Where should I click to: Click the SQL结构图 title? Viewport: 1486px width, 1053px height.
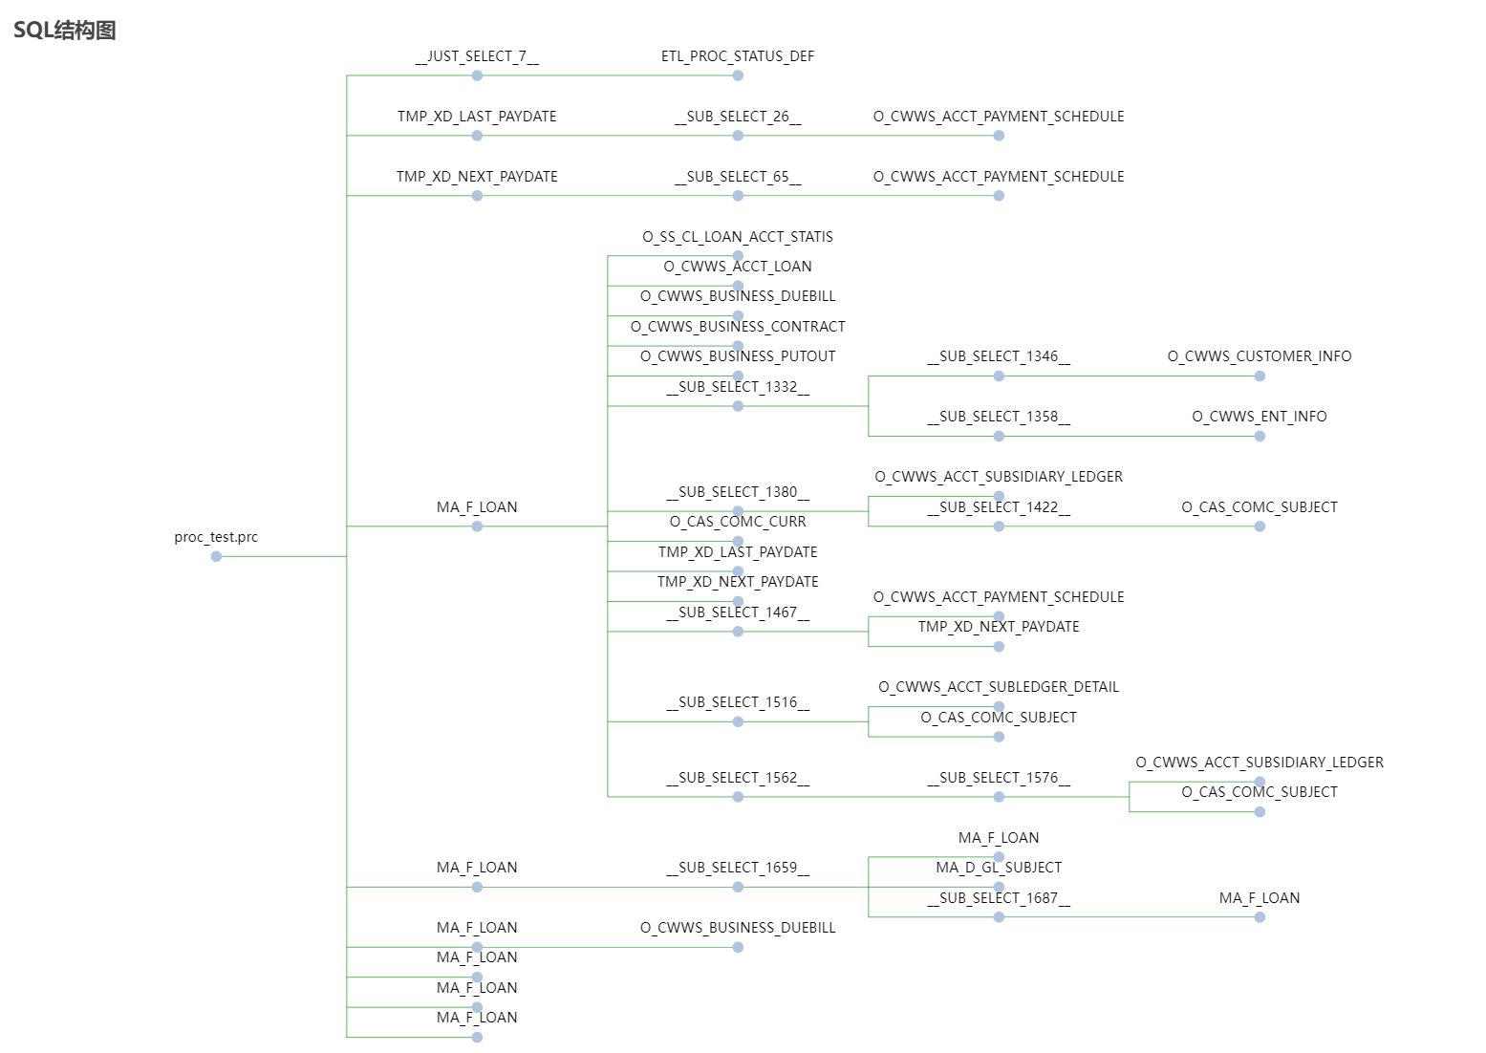click(x=65, y=31)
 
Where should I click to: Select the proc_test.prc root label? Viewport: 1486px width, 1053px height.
click(x=216, y=537)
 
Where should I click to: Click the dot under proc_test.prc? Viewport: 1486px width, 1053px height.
click(x=216, y=556)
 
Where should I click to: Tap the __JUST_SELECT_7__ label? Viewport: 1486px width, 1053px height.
click(x=477, y=56)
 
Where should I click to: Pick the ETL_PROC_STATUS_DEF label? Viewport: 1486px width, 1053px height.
click(x=738, y=56)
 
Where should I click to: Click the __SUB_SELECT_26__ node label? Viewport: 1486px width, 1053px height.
click(x=738, y=117)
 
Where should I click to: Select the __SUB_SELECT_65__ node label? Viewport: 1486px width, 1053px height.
click(x=738, y=177)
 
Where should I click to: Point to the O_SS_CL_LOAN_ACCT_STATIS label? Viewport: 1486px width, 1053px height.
click(x=738, y=237)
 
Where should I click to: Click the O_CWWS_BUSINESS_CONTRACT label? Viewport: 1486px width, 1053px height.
click(x=738, y=327)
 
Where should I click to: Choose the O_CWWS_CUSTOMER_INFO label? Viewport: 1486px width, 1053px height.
click(x=1260, y=356)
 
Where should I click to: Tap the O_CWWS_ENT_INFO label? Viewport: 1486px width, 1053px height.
click(x=1260, y=417)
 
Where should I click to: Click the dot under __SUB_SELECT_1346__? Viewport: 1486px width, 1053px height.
click(x=999, y=376)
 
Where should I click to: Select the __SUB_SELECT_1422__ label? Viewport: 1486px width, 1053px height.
click(x=999, y=507)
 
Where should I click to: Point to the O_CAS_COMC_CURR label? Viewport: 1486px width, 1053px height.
click(x=738, y=522)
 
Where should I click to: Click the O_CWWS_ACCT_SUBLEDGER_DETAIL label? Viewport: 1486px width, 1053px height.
click(x=999, y=687)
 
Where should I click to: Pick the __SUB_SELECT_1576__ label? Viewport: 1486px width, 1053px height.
click(x=999, y=778)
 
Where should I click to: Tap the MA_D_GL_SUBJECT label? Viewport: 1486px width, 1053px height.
click(x=999, y=868)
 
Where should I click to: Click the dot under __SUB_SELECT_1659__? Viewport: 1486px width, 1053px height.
click(x=738, y=888)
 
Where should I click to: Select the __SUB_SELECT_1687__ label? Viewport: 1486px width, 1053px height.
click(x=999, y=898)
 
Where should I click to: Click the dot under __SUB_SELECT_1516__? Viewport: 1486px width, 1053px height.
click(x=738, y=722)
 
